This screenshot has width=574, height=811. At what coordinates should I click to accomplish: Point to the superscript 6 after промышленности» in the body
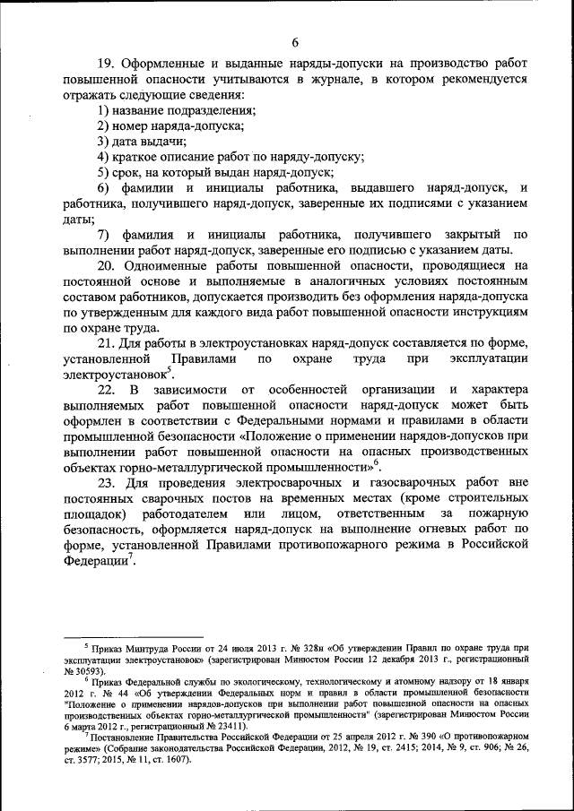pyautogui.click(x=377, y=462)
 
